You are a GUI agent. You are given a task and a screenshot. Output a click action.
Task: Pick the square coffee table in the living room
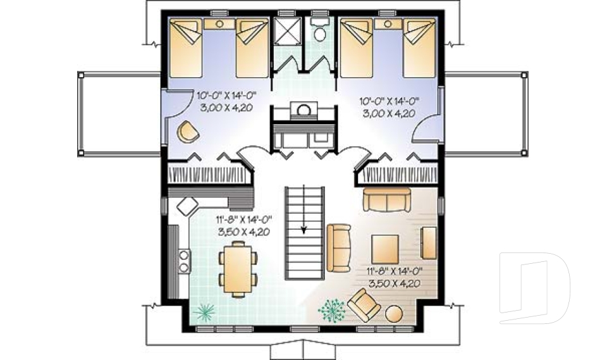pos(385,249)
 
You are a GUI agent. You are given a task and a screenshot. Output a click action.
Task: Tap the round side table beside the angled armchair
pos(394,314)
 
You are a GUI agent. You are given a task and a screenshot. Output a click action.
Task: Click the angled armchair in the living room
pos(364,305)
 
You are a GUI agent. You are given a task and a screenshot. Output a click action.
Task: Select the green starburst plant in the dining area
pos(204,311)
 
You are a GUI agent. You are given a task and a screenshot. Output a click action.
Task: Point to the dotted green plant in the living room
pos(332,310)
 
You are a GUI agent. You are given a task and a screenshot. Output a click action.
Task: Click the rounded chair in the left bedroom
pos(188,132)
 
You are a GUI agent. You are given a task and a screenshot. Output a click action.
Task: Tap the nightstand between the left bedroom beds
pos(219,23)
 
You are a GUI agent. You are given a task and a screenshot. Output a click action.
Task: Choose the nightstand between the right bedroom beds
pos(388,23)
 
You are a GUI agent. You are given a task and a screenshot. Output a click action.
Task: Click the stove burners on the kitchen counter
pos(184,261)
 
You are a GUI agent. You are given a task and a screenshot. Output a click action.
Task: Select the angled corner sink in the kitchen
pos(188,206)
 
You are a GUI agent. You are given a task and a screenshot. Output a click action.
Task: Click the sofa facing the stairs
pos(339,247)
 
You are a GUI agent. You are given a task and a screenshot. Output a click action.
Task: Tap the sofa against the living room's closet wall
pos(387,200)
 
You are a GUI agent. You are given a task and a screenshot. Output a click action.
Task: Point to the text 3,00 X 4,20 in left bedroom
pos(226,108)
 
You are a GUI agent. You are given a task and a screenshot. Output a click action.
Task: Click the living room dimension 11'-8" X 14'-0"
pos(394,271)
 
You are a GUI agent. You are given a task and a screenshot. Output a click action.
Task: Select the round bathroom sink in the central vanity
pos(304,111)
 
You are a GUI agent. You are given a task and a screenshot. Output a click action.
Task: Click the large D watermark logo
pos(534,288)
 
